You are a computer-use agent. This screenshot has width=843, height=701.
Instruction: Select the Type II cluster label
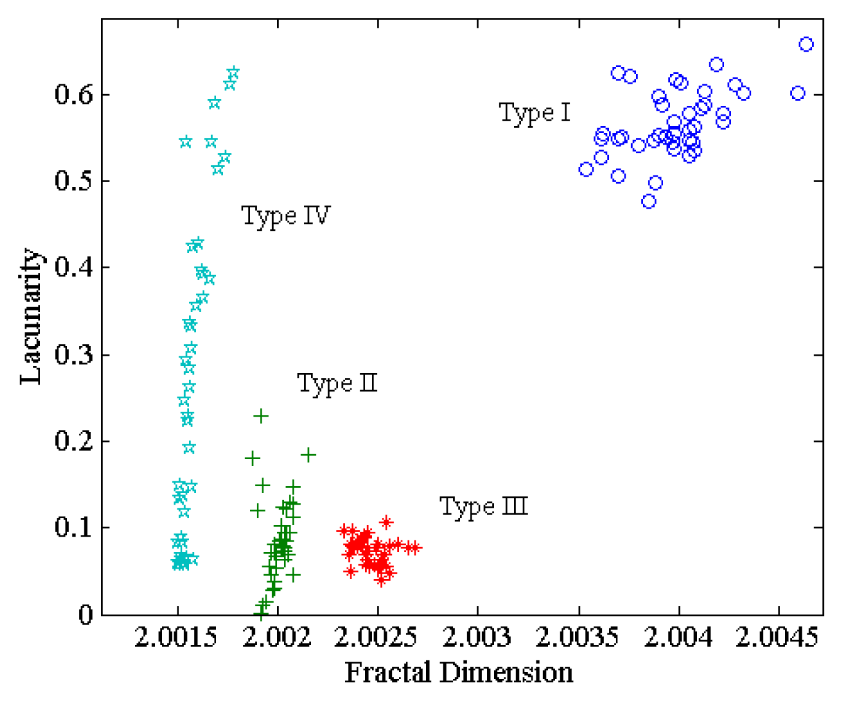(x=337, y=384)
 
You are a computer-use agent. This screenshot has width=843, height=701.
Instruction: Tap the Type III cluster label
(x=483, y=507)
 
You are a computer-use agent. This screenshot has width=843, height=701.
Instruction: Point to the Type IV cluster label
(x=286, y=217)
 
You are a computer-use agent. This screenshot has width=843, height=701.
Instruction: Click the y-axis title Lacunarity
(x=30, y=316)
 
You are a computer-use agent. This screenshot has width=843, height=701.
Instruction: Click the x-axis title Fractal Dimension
(x=459, y=673)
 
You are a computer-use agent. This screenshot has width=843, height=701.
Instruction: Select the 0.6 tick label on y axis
(x=73, y=95)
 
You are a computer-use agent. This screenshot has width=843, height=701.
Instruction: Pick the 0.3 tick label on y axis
(x=73, y=355)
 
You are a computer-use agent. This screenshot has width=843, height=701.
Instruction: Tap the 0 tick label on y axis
(x=86, y=614)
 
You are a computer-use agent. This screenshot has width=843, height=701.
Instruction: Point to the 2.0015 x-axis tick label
(x=177, y=638)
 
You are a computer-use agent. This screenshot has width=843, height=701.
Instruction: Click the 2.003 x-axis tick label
(x=477, y=638)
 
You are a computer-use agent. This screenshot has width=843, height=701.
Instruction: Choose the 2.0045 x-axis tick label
(x=778, y=638)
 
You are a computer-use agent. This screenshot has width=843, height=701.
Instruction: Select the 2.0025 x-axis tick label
(x=377, y=638)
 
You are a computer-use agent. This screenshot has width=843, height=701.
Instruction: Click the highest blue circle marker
(x=806, y=44)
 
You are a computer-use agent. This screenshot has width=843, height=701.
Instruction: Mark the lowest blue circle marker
(x=648, y=201)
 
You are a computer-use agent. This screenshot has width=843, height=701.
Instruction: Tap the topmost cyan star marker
(x=233, y=73)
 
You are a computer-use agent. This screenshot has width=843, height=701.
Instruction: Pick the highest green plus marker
(x=261, y=417)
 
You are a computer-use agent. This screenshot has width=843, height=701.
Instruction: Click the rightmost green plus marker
(x=309, y=455)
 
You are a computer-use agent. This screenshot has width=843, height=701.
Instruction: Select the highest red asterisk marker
(x=386, y=523)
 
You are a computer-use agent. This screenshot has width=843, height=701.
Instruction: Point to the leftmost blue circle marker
(x=586, y=169)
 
